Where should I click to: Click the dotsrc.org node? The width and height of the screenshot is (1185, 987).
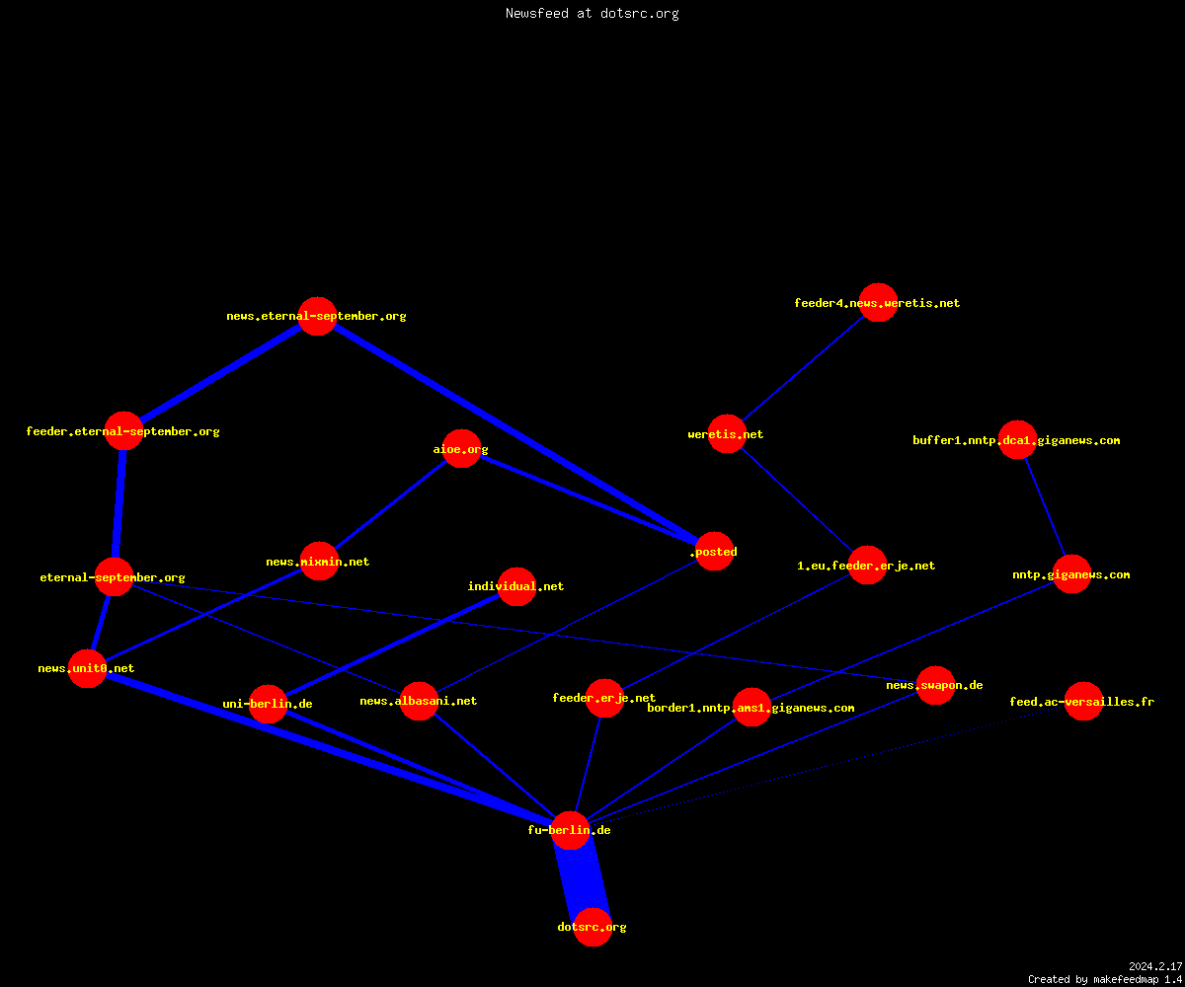pyautogui.click(x=592, y=927)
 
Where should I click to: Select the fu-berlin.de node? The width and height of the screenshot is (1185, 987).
pyautogui.click(x=570, y=830)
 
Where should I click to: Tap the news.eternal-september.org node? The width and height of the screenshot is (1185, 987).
pyautogui.click(x=317, y=316)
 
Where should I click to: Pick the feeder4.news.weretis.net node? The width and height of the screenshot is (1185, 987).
pyautogui.click(x=878, y=302)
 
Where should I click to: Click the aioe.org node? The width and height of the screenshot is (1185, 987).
pyautogui.click(x=461, y=449)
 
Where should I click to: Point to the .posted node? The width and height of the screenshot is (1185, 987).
pyautogui.click(x=715, y=552)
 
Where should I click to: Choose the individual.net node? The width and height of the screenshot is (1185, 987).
pyautogui.click(x=516, y=586)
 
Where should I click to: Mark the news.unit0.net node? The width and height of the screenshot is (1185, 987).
pyautogui.click(x=87, y=669)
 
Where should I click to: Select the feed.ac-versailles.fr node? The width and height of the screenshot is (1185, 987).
pyautogui.click(x=1083, y=701)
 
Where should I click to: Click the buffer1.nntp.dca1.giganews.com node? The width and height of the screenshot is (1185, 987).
pyautogui.click(x=1017, y=439)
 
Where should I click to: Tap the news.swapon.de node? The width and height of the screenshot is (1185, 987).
pyautogui.click(x=936, y=685)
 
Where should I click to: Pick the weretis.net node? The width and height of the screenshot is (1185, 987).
pyautogui.click(x=727, y=434)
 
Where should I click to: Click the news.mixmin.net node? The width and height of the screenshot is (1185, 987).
pyautogui.click(x=320, y=562)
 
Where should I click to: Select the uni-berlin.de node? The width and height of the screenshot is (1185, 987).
pyautogui.click(x=268, y=704)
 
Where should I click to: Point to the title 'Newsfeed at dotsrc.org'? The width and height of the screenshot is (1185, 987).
pyautogui.click(x=592, y=13)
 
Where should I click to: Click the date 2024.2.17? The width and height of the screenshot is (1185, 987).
pyautogui.click(x=1155, y=966)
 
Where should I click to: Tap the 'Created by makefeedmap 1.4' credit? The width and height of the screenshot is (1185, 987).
pyautogui.click(x=1105, y=979)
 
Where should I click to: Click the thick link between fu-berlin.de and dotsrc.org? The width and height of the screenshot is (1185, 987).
pyautogui.click(x=582, y=878)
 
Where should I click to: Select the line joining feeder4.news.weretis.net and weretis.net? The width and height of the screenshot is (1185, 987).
pyautogui.click(x=803, y=368)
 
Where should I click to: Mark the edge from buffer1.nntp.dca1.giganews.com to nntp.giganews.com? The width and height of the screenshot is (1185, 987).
pyautogui.click(x=1045, y=507)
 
